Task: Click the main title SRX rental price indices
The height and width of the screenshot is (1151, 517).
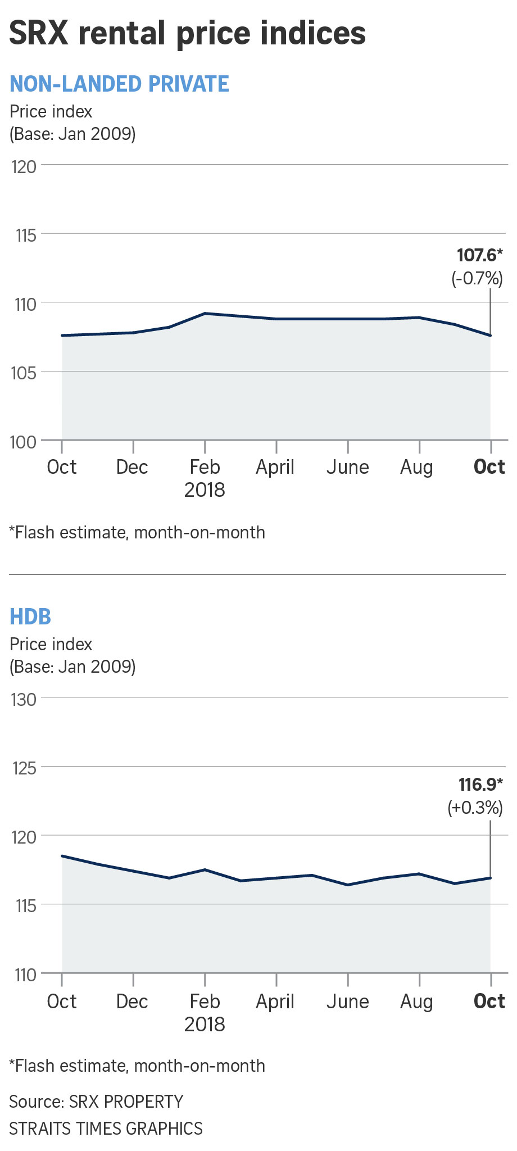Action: coord(187,34)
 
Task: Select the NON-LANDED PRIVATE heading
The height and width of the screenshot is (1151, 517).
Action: coord(119,84)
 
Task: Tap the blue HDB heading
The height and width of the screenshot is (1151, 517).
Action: coord(30,617)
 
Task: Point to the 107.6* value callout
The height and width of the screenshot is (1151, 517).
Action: coord(479,256)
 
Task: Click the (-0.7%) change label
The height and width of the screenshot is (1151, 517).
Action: coord(477,278)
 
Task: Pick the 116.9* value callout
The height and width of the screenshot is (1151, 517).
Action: coord(480,785)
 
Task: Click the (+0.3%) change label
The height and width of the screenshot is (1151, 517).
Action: coord(475,808)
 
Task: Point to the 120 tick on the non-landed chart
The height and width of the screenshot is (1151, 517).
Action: coord(24,167)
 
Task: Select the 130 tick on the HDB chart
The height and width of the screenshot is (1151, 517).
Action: coord(24,700)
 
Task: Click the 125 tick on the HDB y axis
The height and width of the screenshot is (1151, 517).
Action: coord(24,768)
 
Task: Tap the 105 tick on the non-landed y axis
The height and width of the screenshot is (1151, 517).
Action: coord(24,373)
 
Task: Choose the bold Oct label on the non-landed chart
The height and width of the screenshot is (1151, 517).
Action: coord(489,467)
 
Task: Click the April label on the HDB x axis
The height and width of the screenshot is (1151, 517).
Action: coord(275,1002)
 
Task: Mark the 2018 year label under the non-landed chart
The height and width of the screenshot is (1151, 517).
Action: coord(205,490)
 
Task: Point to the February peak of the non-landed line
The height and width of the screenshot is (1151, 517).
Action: coord(205,313)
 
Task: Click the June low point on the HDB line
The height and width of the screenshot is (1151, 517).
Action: coord(348,885)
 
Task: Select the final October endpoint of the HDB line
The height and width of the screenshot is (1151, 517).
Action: coord(491,878)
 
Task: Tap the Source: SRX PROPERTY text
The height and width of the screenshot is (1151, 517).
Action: coord(96,1102)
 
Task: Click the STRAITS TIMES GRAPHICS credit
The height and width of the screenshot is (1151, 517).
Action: coord(106,1129)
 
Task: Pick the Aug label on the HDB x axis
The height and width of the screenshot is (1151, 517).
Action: coord(416,1002)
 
